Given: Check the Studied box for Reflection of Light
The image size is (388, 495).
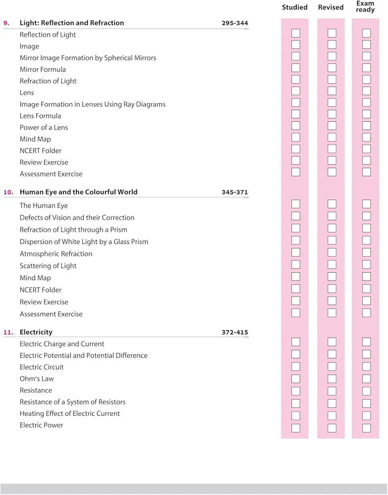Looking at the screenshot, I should (295, 33).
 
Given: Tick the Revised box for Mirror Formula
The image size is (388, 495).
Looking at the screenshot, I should (332, 68).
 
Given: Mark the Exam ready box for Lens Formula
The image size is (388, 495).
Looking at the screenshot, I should (366, 114).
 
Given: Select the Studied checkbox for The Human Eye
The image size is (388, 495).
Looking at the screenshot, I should (295, 204).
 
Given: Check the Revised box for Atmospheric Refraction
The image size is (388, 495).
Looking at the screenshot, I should (332, 252).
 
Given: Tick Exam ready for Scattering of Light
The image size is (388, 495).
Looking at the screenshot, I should (366, 264).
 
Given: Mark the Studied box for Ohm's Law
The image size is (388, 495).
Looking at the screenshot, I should (295, 379).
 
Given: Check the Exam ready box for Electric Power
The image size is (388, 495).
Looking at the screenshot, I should (366, 428).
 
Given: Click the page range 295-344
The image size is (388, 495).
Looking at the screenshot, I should (235, 23).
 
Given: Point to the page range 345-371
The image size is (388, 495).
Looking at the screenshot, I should (235, 192).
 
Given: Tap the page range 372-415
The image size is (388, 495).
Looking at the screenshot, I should (235, 333).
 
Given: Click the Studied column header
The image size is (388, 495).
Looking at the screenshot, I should (295, 7).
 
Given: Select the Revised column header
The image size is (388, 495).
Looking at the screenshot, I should (331, 7).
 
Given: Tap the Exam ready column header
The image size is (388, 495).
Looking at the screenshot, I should (365, 7).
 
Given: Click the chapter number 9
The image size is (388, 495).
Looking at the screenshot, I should (6, 23).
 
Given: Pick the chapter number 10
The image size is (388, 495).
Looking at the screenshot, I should (8, 192).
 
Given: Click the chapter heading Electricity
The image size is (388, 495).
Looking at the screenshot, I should (36, 332).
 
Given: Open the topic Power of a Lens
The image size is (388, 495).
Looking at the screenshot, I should (44, 128).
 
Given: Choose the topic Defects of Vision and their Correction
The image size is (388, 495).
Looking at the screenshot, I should (77, 218).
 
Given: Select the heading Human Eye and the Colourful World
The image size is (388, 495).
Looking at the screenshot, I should (78, 192).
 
